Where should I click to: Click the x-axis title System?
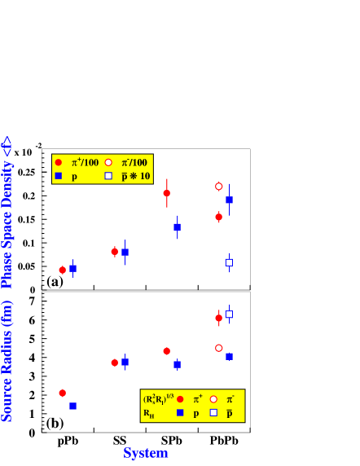click(146, 453)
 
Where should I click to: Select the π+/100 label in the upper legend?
click(85, 162)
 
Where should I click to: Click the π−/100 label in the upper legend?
click(130, 162)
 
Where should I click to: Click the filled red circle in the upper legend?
click(58, 162)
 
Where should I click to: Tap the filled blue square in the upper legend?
click(58, 176)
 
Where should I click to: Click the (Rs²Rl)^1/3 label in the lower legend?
click(159, 399)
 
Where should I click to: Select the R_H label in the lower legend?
click(149, 413)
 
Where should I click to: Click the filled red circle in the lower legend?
click(180, 399)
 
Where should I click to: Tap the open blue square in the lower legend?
click(213, 413)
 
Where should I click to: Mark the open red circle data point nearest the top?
click(218, 187)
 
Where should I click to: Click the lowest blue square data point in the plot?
click(72, 406)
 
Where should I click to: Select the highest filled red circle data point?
click(166, 193)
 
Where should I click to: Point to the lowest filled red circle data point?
click(62, 393)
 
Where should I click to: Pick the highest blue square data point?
click(229, 200)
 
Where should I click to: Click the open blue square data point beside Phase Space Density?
click(229, 262)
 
